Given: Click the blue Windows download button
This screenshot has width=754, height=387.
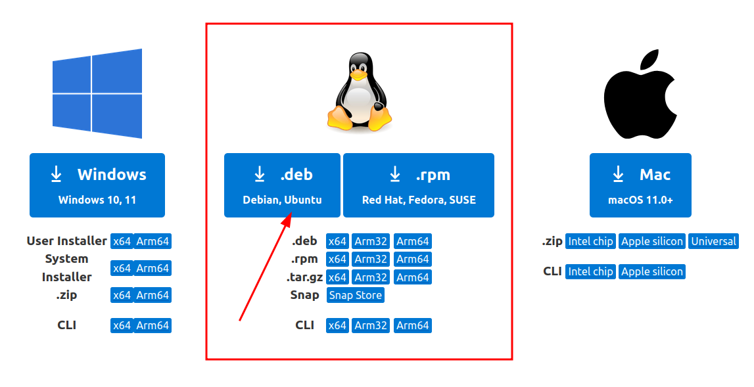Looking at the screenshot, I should (97, 185).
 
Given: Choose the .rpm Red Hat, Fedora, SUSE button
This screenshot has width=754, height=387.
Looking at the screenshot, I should (419, 185).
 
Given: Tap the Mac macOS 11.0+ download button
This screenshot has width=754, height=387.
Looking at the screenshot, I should (640, 185).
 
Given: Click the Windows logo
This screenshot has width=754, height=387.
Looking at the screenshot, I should (97, 93).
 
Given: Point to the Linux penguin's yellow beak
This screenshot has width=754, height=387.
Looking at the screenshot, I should (358, 75).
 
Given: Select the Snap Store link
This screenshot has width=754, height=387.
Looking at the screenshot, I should (356, 295).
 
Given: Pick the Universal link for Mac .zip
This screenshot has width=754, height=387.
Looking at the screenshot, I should (713, 241).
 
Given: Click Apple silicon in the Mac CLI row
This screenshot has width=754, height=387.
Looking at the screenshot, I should (652, 271).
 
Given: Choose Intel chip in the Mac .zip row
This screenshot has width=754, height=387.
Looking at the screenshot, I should (590, 241).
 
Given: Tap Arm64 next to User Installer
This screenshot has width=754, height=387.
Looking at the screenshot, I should (153, 241).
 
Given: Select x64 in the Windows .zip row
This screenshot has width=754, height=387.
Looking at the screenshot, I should (122, 295).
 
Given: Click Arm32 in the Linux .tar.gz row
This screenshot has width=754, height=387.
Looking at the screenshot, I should (371, 277).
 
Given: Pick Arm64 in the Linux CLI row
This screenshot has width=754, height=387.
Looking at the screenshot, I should (413, 325).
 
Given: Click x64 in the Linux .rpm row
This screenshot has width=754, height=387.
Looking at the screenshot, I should (337, 259).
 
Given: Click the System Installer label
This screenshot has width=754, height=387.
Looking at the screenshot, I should (67, 267).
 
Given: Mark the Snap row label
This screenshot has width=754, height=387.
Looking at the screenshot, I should (305, 295).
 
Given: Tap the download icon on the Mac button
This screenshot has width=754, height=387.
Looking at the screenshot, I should (618, 174).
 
